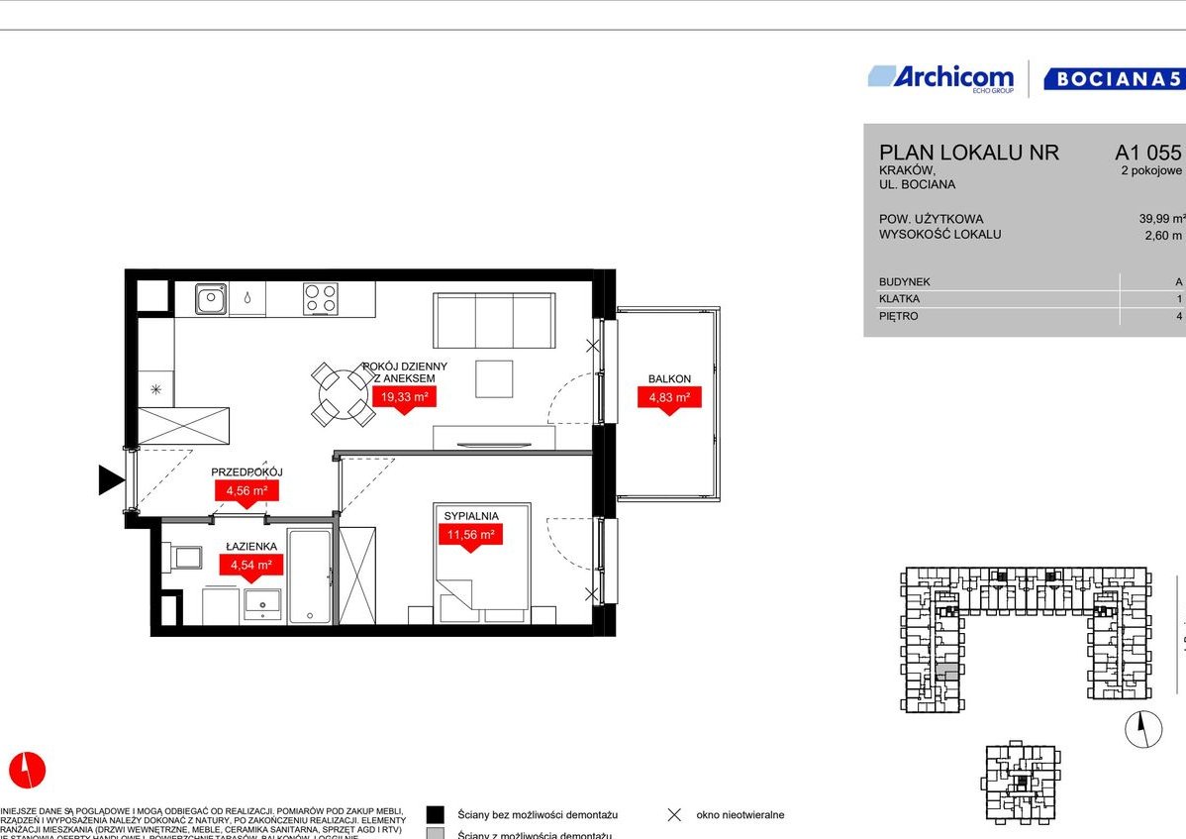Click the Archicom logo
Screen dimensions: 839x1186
point(940,78)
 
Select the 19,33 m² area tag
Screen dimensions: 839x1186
point(404,397)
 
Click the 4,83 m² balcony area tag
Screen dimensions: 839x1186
point(668,397)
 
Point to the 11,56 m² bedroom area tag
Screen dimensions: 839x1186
point(470,534)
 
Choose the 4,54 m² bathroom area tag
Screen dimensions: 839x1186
point(250,565)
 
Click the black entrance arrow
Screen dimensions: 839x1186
point(110,480)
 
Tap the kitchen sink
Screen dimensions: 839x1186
point(211,298)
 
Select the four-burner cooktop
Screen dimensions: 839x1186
point(320,298)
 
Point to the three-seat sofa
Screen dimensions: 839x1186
point(494,321)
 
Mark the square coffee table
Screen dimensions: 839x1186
point(494,378)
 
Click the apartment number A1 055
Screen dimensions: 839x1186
point(1147,153)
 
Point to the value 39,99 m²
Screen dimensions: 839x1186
point(1161,219)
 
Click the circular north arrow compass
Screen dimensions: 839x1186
point(1143,730)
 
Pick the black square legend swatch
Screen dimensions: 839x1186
point(435,814)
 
